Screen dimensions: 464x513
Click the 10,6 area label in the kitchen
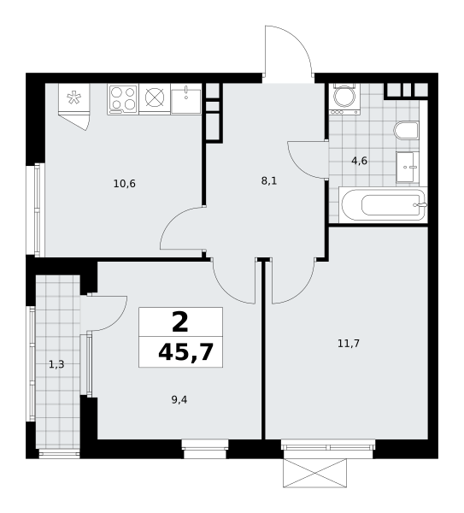tap(124, 184)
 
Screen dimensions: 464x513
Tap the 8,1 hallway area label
tap(269, 181)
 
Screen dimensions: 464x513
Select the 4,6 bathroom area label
tap(360, 161)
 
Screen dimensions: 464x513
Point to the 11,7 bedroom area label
tap(349, 344)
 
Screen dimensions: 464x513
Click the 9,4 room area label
tap(179, 400)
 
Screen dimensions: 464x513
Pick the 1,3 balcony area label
tap(56, 364)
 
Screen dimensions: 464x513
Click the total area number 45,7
tap(185, 352)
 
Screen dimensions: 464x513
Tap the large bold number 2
tap(180, 322)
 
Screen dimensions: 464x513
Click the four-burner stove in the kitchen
tap(123, 99)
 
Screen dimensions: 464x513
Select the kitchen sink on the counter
tap(185, 99)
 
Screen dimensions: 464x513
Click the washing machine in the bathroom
tap(345, 99)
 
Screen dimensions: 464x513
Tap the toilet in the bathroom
tap(407, 130)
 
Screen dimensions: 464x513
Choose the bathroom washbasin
tap(408, 167)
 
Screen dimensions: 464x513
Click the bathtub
tap(383, 204)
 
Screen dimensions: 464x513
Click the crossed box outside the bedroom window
tap(315, 473)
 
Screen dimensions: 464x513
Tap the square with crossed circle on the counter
tap(155, 99)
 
